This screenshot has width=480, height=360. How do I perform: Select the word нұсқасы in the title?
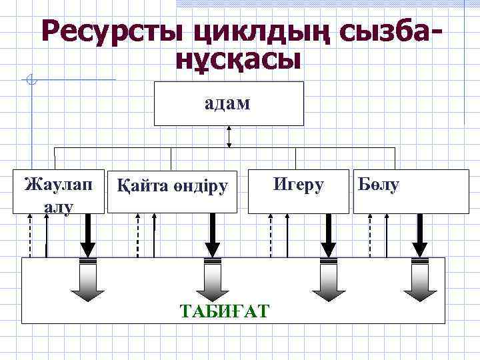(239, 61)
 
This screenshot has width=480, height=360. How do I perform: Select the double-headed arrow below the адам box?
(229, 136)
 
